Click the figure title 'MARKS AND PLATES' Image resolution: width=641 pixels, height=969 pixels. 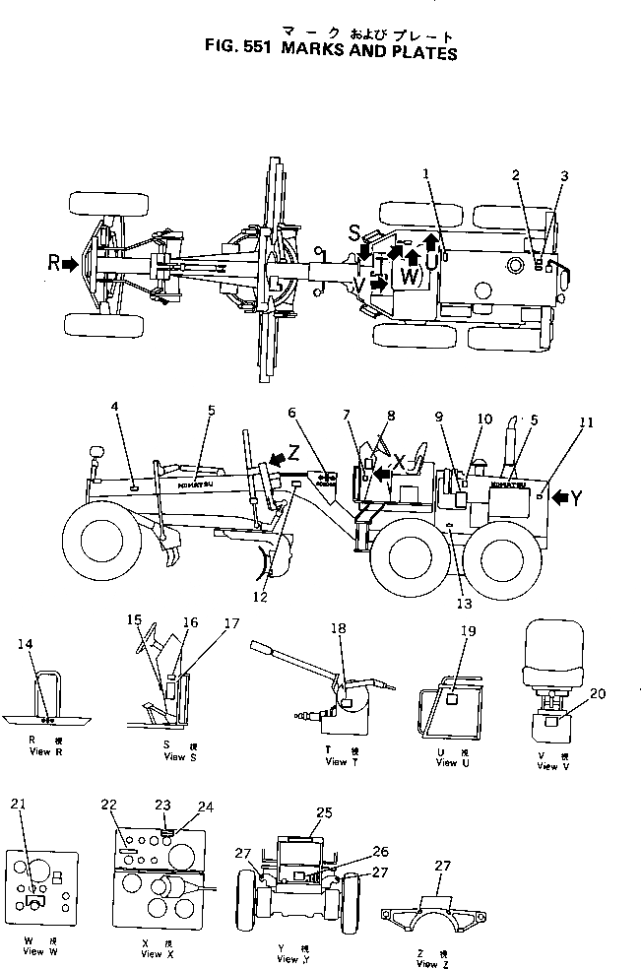pyautogui.click(x=373, y=52)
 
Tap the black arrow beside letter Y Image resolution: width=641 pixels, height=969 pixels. pyautogui.click(x=556, y=498)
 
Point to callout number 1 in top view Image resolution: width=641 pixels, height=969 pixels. pyautogui.click(x=426, y=173)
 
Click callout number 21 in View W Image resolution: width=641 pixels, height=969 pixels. pyautogui.click(x=17, y=803)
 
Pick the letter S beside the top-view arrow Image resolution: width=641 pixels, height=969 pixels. pyautogui.click(x=353, y=232)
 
